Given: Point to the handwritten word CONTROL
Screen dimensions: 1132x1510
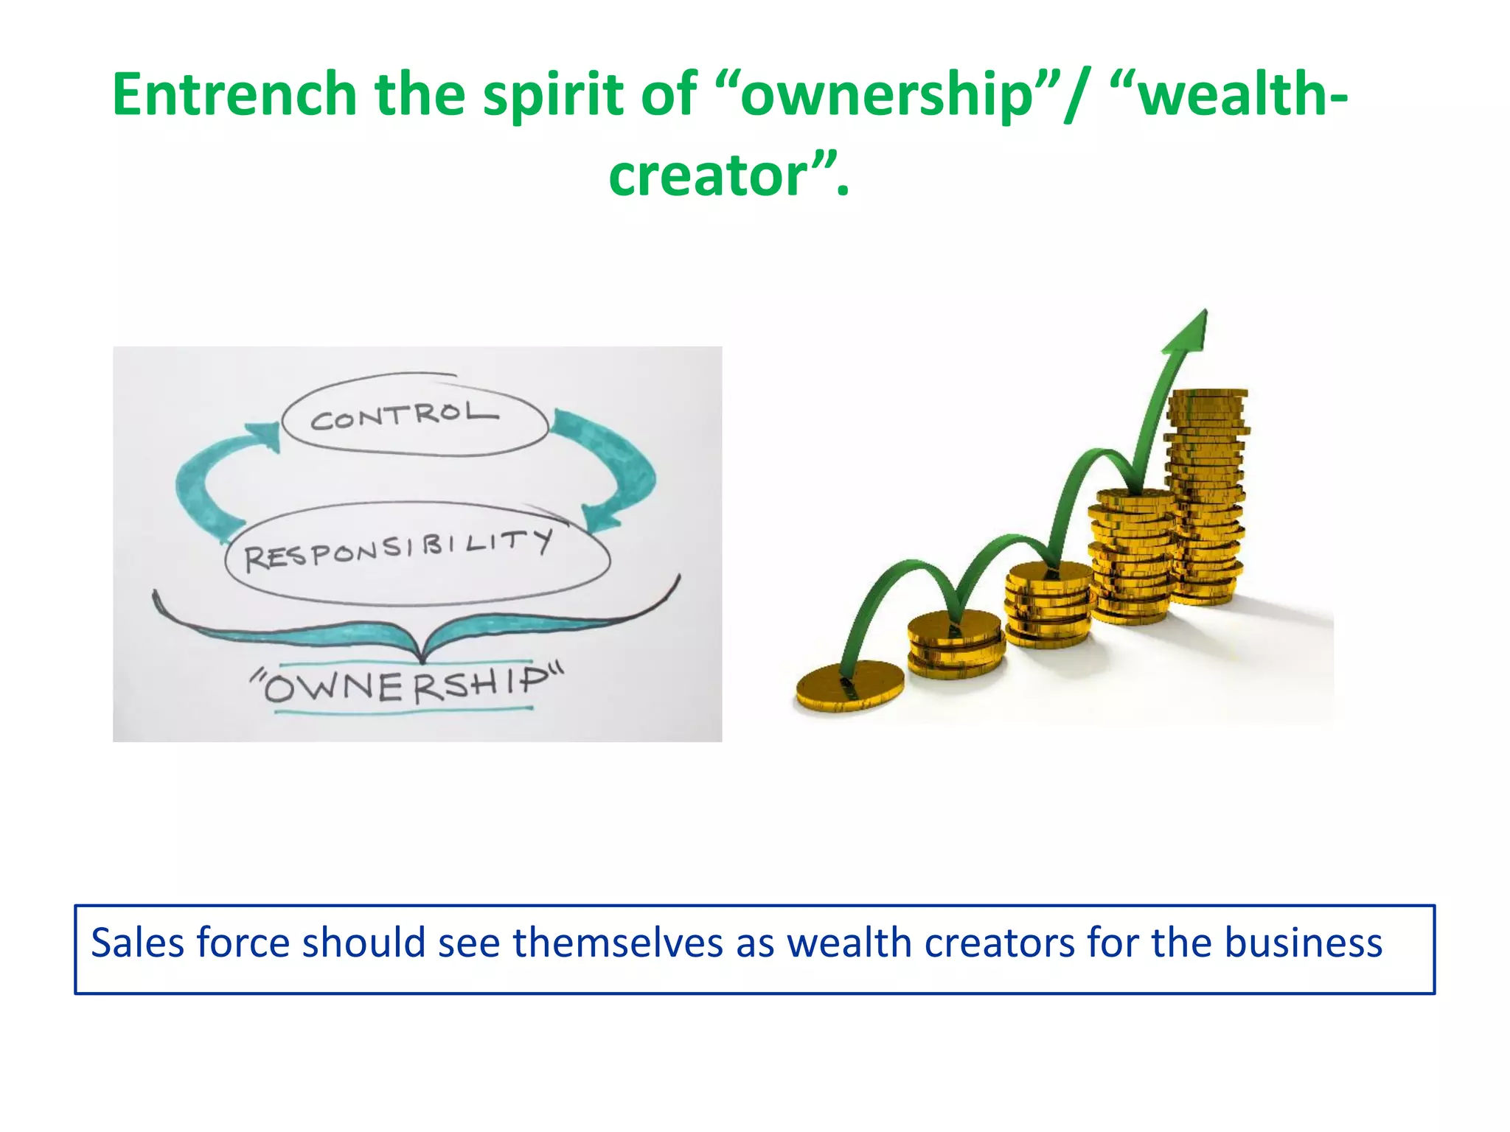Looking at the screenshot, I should click(x=404, y=416).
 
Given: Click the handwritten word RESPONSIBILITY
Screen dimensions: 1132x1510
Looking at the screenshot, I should click(x=398, y=550).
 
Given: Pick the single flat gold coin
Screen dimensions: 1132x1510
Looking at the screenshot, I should click(x=849, y=687).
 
